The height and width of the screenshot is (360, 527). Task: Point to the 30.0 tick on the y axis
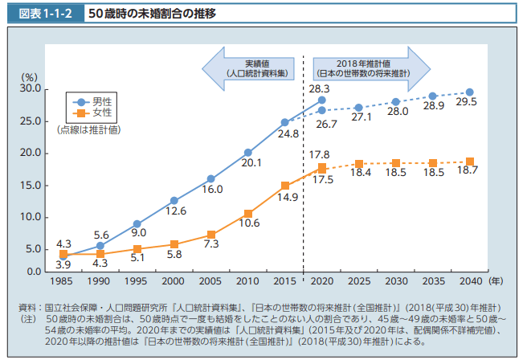pos(30,88)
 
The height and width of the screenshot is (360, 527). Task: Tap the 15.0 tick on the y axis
pos(30,185)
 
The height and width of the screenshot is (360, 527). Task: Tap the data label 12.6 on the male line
pos(176,211)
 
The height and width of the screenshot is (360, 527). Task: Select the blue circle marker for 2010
pos(248,152)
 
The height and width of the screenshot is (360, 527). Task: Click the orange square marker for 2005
pos(210,235)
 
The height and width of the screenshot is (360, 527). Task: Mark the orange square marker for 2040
pos(470,162)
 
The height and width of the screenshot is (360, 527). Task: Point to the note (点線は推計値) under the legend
pos(88,129)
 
